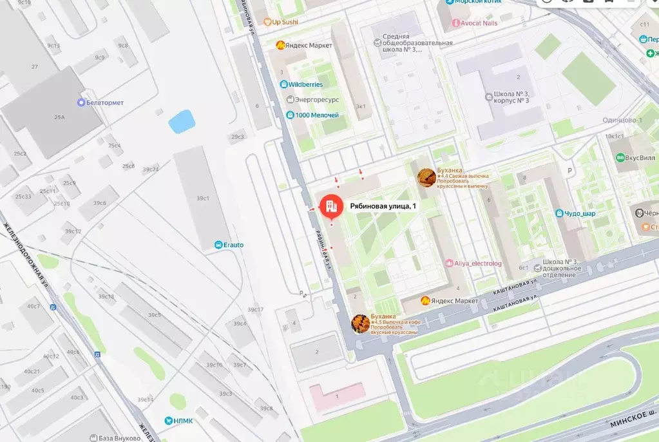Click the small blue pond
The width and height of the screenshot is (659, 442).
coord(182,121)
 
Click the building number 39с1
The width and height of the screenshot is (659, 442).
coord(203,198)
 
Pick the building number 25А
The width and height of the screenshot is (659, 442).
coord(59,117)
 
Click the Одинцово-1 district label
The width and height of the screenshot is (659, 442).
coord(622,120)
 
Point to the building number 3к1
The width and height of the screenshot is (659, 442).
coord(361,106)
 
